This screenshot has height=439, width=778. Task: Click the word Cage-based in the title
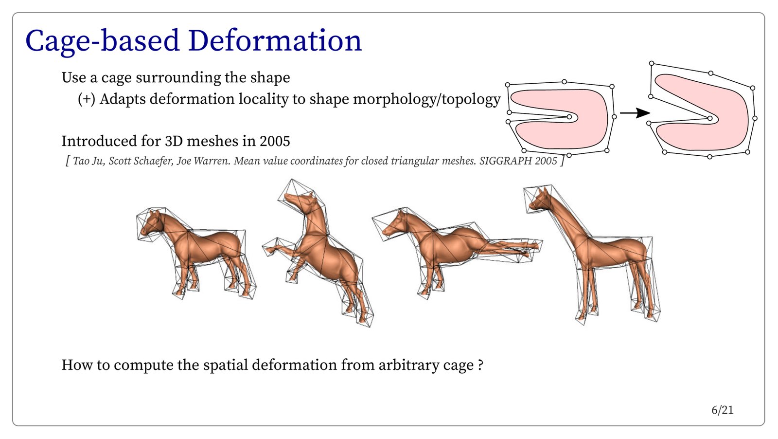tap(103, 41)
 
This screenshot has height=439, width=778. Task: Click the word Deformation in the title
tap(275, 40)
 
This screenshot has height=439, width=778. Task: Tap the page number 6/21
tap(723, 410)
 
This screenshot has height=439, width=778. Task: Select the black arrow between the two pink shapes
tap(635, 112)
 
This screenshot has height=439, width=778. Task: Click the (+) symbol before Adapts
tap(87, 99)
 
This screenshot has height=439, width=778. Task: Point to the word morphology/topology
tap(427, 99)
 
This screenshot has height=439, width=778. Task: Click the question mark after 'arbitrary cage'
tap(480, 365)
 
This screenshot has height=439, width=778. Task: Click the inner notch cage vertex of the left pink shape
tap(569, 117)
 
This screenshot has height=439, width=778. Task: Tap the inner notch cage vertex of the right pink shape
tap(710, 119)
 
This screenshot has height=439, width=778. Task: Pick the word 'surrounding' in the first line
tap(178, 78)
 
